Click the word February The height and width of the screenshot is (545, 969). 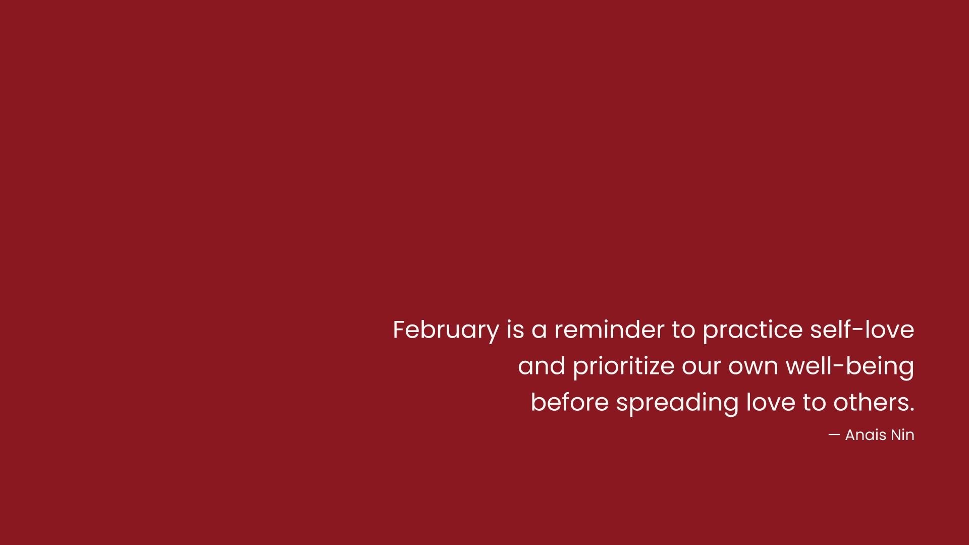(446, 331)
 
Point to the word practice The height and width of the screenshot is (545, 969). (752, 331)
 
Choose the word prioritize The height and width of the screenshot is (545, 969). (624, 367)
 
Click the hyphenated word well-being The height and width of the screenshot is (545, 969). (850, 367)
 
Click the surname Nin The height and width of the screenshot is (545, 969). (902, 434)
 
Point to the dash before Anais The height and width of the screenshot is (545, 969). (834, 434)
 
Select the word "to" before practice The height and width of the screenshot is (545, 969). (684, 330)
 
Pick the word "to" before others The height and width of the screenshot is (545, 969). (815, 403)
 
